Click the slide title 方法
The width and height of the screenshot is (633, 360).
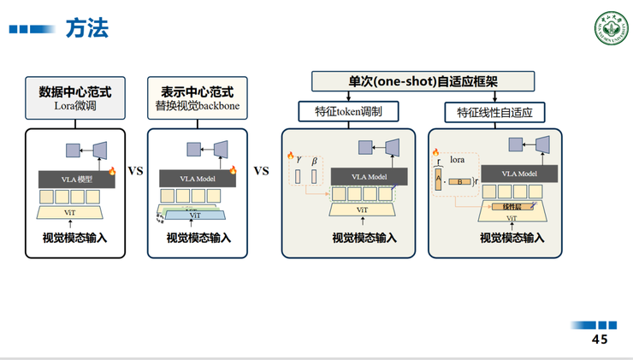(86, 29)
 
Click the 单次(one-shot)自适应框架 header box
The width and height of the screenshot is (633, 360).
(423, 81)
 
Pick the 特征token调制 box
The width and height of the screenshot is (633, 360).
(348, 112)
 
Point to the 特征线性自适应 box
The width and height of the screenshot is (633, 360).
(494, 112)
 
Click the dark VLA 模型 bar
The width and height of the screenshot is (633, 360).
(76, 180)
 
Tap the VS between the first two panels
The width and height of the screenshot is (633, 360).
(135, 171)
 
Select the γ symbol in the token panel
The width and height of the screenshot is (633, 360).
(299, 161)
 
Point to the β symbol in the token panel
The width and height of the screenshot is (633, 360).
(314, 161)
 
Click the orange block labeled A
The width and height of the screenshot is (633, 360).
(437, 180)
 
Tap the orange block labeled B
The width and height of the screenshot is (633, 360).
(460, 181)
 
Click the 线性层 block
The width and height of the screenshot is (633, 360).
(512, 207)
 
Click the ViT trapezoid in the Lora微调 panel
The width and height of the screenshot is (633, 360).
(70, 211)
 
